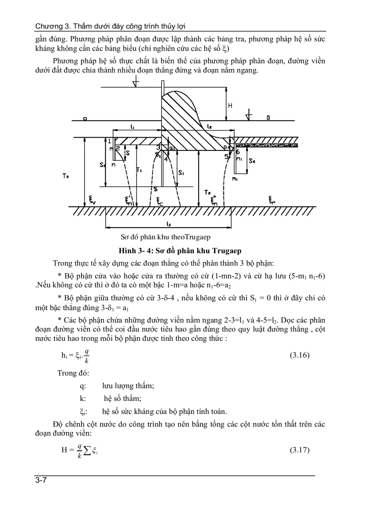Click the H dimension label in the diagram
pyautogui.click(x=230, y=106)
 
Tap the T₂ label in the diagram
pyautogui.click(x=208, y=192)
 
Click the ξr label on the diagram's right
pyautogui.click(x=270, y=199)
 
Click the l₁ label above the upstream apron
pyautogui.click(x=132, y=128)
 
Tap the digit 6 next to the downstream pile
pyautogui.click(x=237, y=152)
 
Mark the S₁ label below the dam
pyautogui.click(x=181, y=173)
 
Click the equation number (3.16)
pyautogui.click(x=299, y=355)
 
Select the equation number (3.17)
pyautogui.click(x=299, y=450)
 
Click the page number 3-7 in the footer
pyautogui.click(x=42, y=480)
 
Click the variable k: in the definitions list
pyautogui.click(x=82, y=398)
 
